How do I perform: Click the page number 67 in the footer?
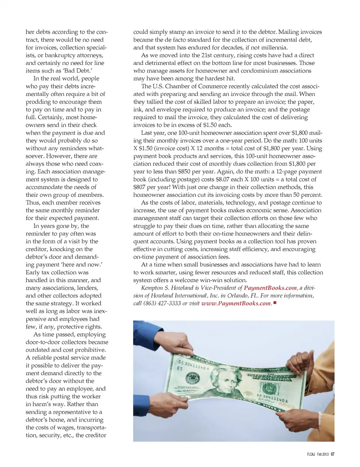coord(333,454)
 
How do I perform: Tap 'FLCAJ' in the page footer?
coord(311,454)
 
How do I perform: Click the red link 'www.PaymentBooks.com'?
coord(236,303)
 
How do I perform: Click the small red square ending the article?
coord(275,303)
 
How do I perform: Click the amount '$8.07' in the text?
coord(222,179)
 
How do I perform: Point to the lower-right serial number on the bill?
coord(272,398)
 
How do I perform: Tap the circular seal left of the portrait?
coord(193,378)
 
